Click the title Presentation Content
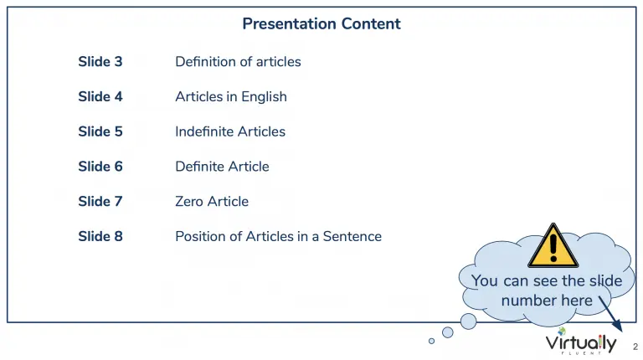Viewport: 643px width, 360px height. click(321, 23)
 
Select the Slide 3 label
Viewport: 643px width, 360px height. click(100, 61)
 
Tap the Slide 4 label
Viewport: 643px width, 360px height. click(100, 96)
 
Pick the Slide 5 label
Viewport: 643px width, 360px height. click(100, 131)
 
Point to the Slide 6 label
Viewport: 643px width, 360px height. click(100, 167)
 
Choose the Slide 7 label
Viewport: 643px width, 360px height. click(100, 201)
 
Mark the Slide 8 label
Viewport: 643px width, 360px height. click(100, 236)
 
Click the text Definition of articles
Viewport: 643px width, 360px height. click(238, 61)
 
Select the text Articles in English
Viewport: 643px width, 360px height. click(231, 97)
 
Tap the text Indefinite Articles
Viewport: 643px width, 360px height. click(230, 131)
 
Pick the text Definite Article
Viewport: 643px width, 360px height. click(222, 167)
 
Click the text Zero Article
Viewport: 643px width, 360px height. click(212, 201)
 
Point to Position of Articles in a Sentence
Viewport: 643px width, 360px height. click(279, 236)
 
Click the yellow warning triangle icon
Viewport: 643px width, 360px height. click(553, 246)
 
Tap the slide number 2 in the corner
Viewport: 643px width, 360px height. click(635, 347)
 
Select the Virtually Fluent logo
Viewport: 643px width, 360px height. click(581, 341)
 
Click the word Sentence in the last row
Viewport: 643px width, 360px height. click(352, 236)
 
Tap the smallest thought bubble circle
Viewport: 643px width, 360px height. click(431, 341)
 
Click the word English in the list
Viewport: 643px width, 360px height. click(264, 97)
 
